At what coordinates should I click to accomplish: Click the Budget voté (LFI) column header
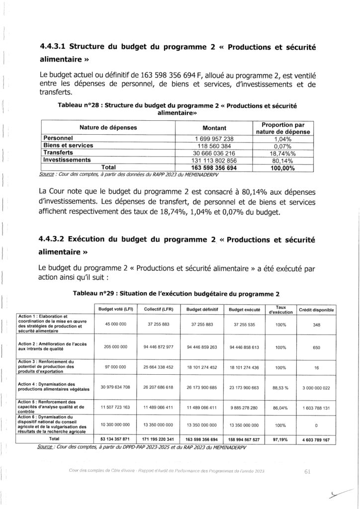click(115, 309)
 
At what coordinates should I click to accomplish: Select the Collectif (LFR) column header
click(160, 309)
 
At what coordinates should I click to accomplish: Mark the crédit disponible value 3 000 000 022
click(316, 387)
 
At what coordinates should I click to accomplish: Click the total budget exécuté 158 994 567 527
click(245, 439)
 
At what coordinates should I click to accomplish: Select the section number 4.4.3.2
click(53, 238)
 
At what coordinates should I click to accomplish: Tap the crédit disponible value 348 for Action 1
click(316, 324)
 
